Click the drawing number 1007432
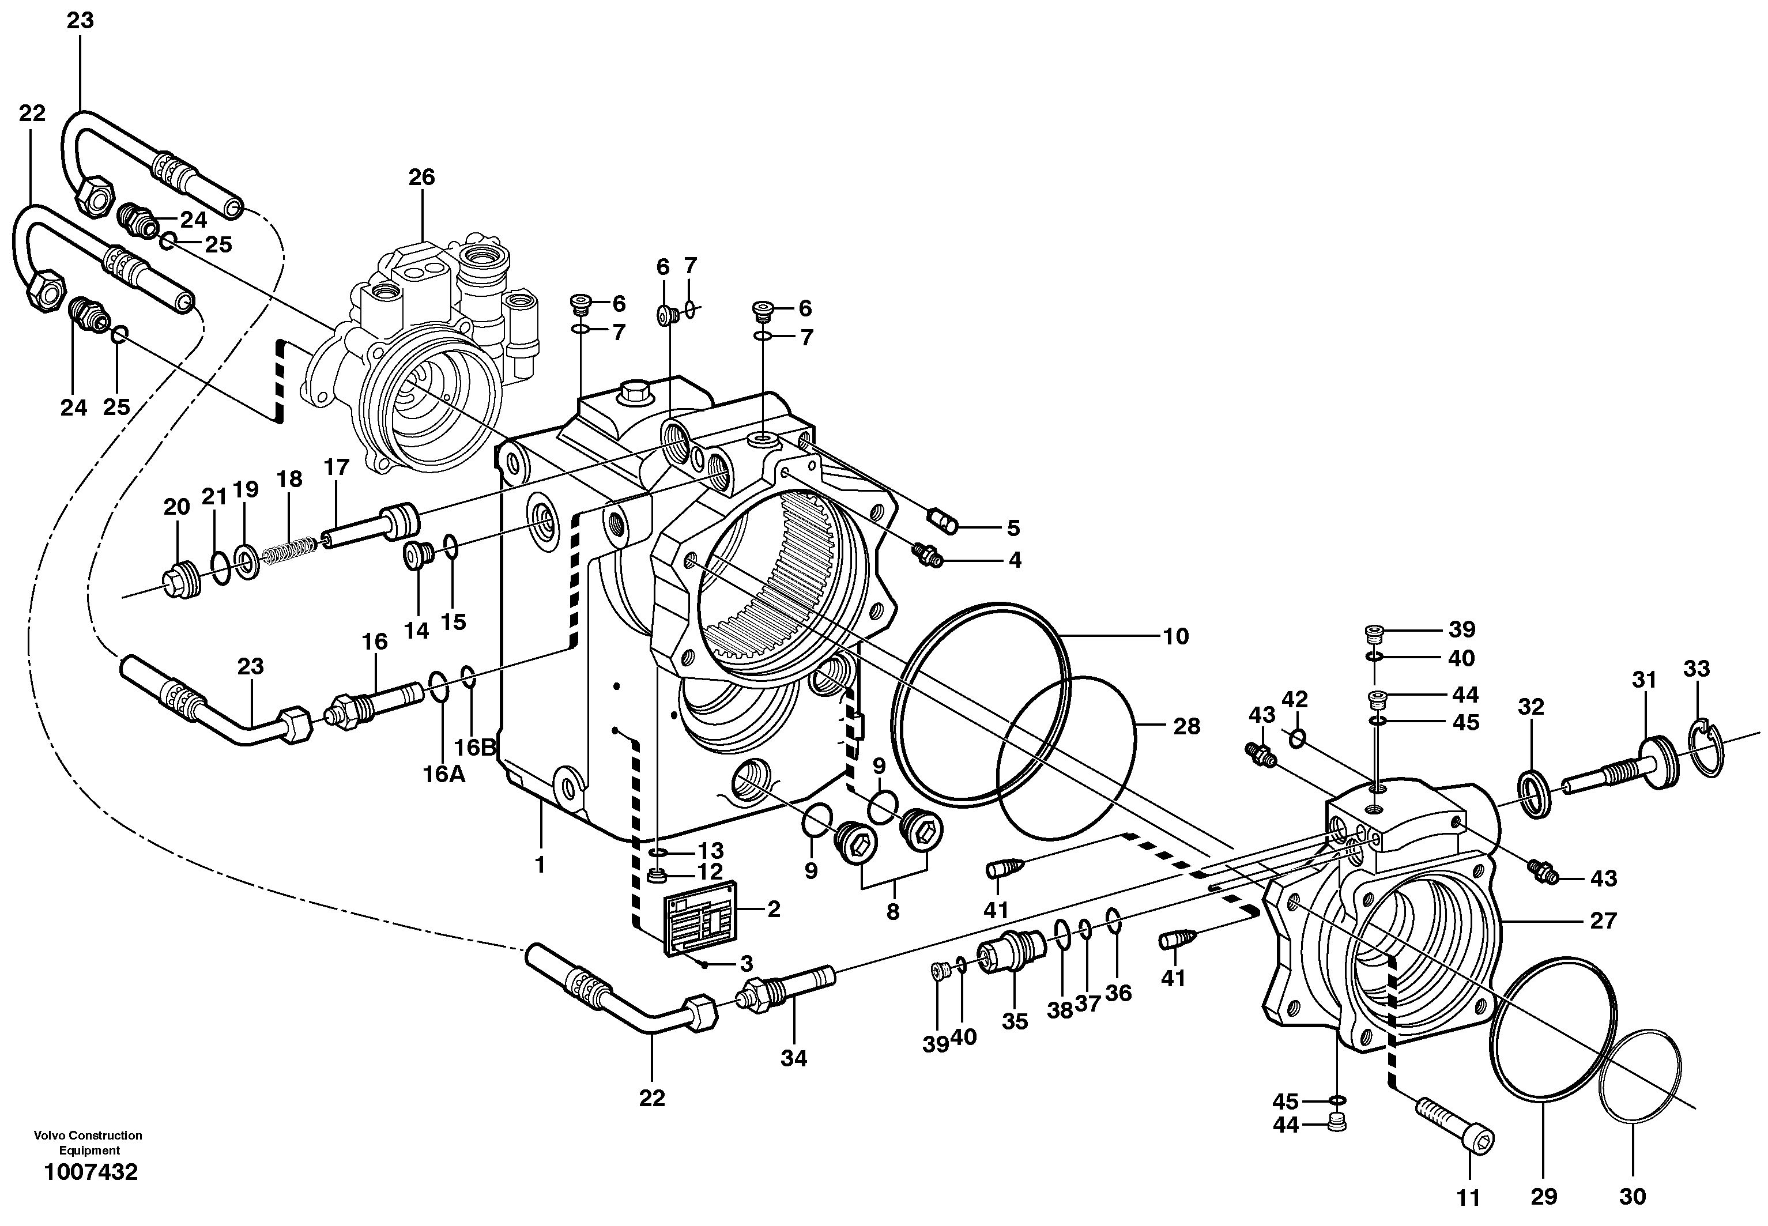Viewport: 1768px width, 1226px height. coord(91,1171)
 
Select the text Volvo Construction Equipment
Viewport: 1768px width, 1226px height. coord(88,1142)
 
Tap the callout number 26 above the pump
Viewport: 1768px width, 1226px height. coord(421,178)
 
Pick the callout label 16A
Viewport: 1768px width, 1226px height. coord(444,774)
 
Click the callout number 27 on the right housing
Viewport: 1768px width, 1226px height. coord(1603,921)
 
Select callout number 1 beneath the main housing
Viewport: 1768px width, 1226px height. coord(540,865)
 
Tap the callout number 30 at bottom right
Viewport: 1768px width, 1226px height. coord(1633,1196)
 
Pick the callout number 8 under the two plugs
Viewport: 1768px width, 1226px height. coord(892,912)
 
